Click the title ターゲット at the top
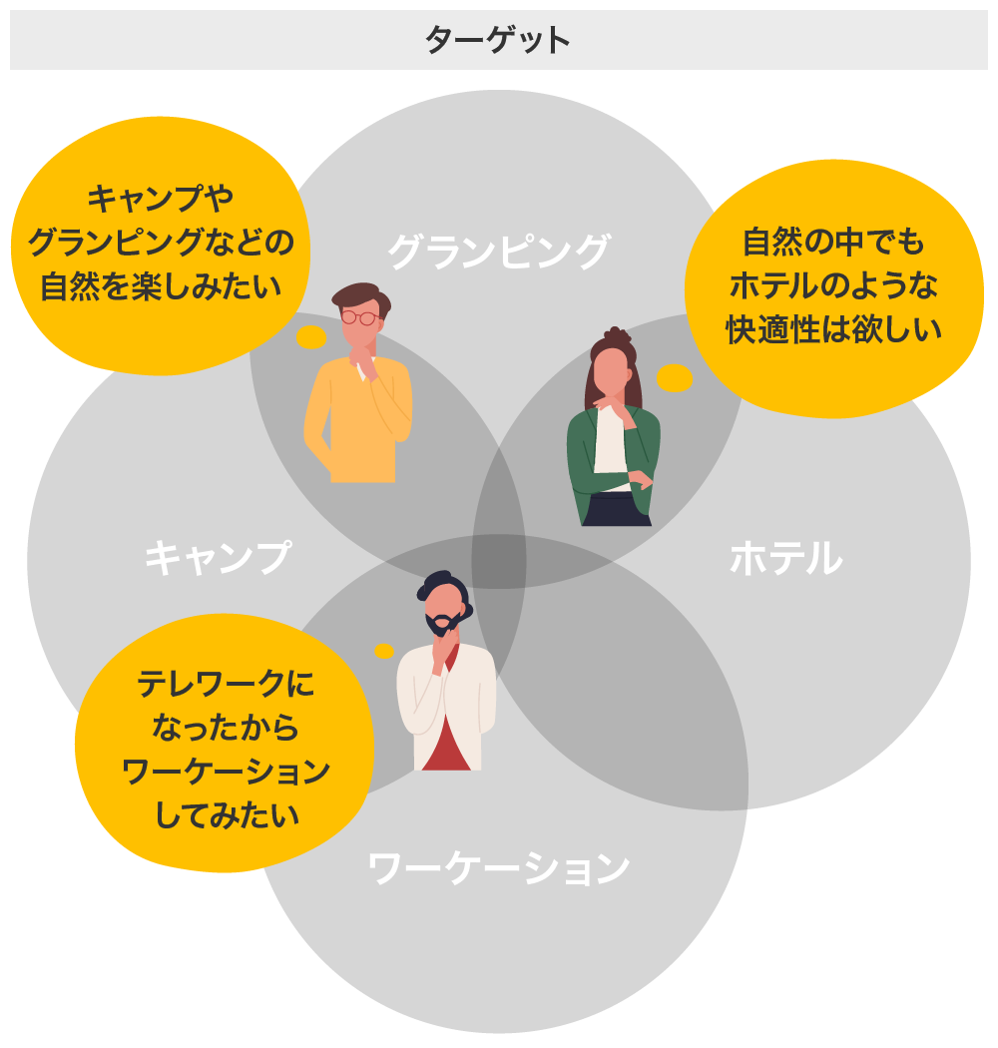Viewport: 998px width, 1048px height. [x=498, y=41]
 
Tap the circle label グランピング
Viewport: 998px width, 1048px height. [x=498, y=251]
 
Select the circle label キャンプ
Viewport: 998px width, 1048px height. [x=218, y=557]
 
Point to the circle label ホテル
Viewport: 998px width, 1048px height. [x=786, y=557]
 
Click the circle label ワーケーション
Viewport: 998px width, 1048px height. [x=498, y=867]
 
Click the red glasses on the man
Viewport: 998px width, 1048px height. [x=360, y=317]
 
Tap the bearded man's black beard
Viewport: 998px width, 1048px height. [x=440, y=625]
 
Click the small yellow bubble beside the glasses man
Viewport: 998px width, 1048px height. [x=311, y=337]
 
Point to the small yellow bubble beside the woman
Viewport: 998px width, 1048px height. [x=675, y=378]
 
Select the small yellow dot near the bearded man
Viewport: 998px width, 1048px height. [x=384, y=651]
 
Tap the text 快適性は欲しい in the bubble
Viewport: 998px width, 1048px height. [x=833, y=330]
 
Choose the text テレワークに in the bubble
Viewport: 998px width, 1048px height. [x=226, y=684]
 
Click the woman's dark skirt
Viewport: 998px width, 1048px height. [x=616, y=510]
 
